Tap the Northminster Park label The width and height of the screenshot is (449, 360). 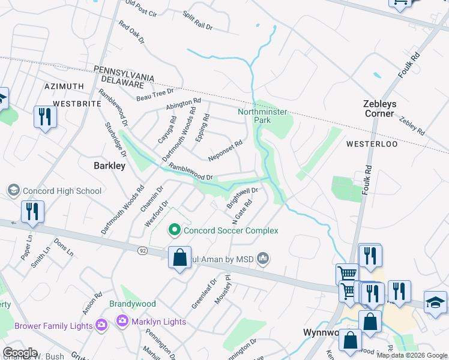tap(262, 116)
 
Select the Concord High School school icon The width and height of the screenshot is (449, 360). tap(13, 191)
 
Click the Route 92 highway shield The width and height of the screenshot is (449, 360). tap(142, 250)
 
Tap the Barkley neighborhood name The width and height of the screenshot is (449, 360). tap(109, 166)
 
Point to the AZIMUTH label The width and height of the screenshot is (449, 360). tap(64, 87)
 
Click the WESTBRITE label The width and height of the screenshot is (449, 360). tap(76, 103)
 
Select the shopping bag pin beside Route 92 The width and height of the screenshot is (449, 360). tap(179, 258)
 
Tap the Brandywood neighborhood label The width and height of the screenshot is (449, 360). tap(132, 304)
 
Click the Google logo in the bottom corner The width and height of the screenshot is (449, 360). tap(20, 353)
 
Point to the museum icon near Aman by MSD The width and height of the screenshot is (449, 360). tap(263, 259)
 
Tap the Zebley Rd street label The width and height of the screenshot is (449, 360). tap(412, 125)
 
